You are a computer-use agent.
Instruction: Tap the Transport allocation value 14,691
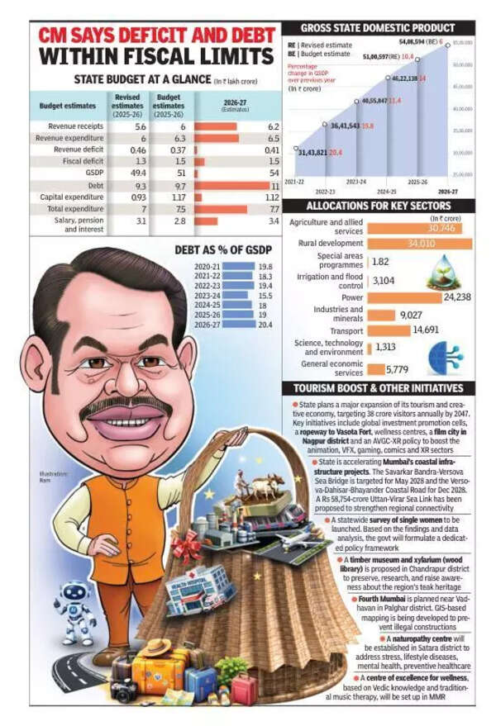pos(425,330)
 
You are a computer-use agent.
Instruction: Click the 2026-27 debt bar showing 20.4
pos(238,325)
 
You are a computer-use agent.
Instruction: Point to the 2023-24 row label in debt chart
pos(207,295)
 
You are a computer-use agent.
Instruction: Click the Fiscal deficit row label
pos(81,162)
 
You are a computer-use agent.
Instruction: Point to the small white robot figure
pos(78,611)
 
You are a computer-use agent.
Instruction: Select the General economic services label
pos(330,369)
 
